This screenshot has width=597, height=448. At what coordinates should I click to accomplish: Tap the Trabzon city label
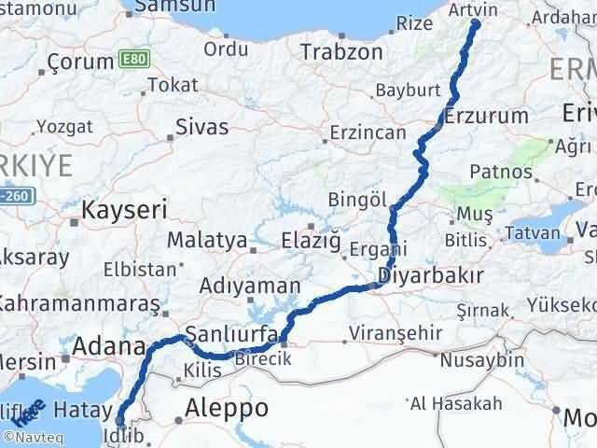[x=340, y=52]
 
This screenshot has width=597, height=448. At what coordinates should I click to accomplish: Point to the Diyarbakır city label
[x=431, y=276]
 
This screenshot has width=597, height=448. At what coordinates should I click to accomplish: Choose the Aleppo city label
[x=227, y=408]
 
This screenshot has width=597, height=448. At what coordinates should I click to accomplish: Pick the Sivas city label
[x=201, y=127]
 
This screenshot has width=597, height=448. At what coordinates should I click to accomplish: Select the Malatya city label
[x=206, y=240]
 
